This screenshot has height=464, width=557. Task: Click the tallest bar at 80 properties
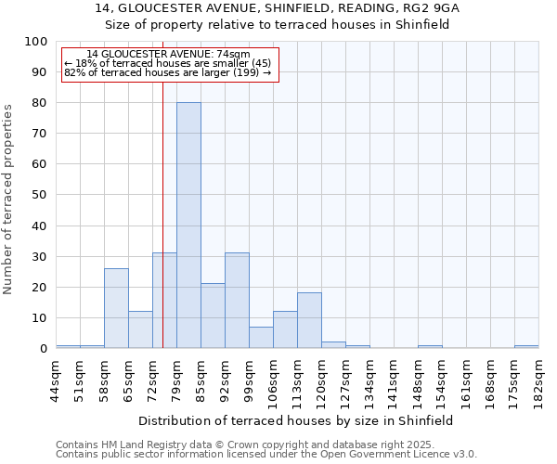(188, 226)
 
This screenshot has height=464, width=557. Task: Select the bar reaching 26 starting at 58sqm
(116, 308)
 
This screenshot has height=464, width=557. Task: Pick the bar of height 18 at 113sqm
(309, 320)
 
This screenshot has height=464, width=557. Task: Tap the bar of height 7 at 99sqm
(261, 338)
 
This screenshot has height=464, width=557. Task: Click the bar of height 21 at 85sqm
(213, 316)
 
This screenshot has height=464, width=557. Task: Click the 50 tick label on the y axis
(40, 195)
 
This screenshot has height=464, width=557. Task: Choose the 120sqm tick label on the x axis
(321, 379)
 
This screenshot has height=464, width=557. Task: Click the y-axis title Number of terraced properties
(8, 199)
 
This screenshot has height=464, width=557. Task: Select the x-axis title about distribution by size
(297, 420)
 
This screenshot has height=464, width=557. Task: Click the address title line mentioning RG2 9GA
(278, 8)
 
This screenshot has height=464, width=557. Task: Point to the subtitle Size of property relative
(278, 24)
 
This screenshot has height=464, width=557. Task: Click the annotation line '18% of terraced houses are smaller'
(167, 63)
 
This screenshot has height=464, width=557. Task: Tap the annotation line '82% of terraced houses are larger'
(167, 72)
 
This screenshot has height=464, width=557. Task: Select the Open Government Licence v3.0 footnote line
(266, 454)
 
